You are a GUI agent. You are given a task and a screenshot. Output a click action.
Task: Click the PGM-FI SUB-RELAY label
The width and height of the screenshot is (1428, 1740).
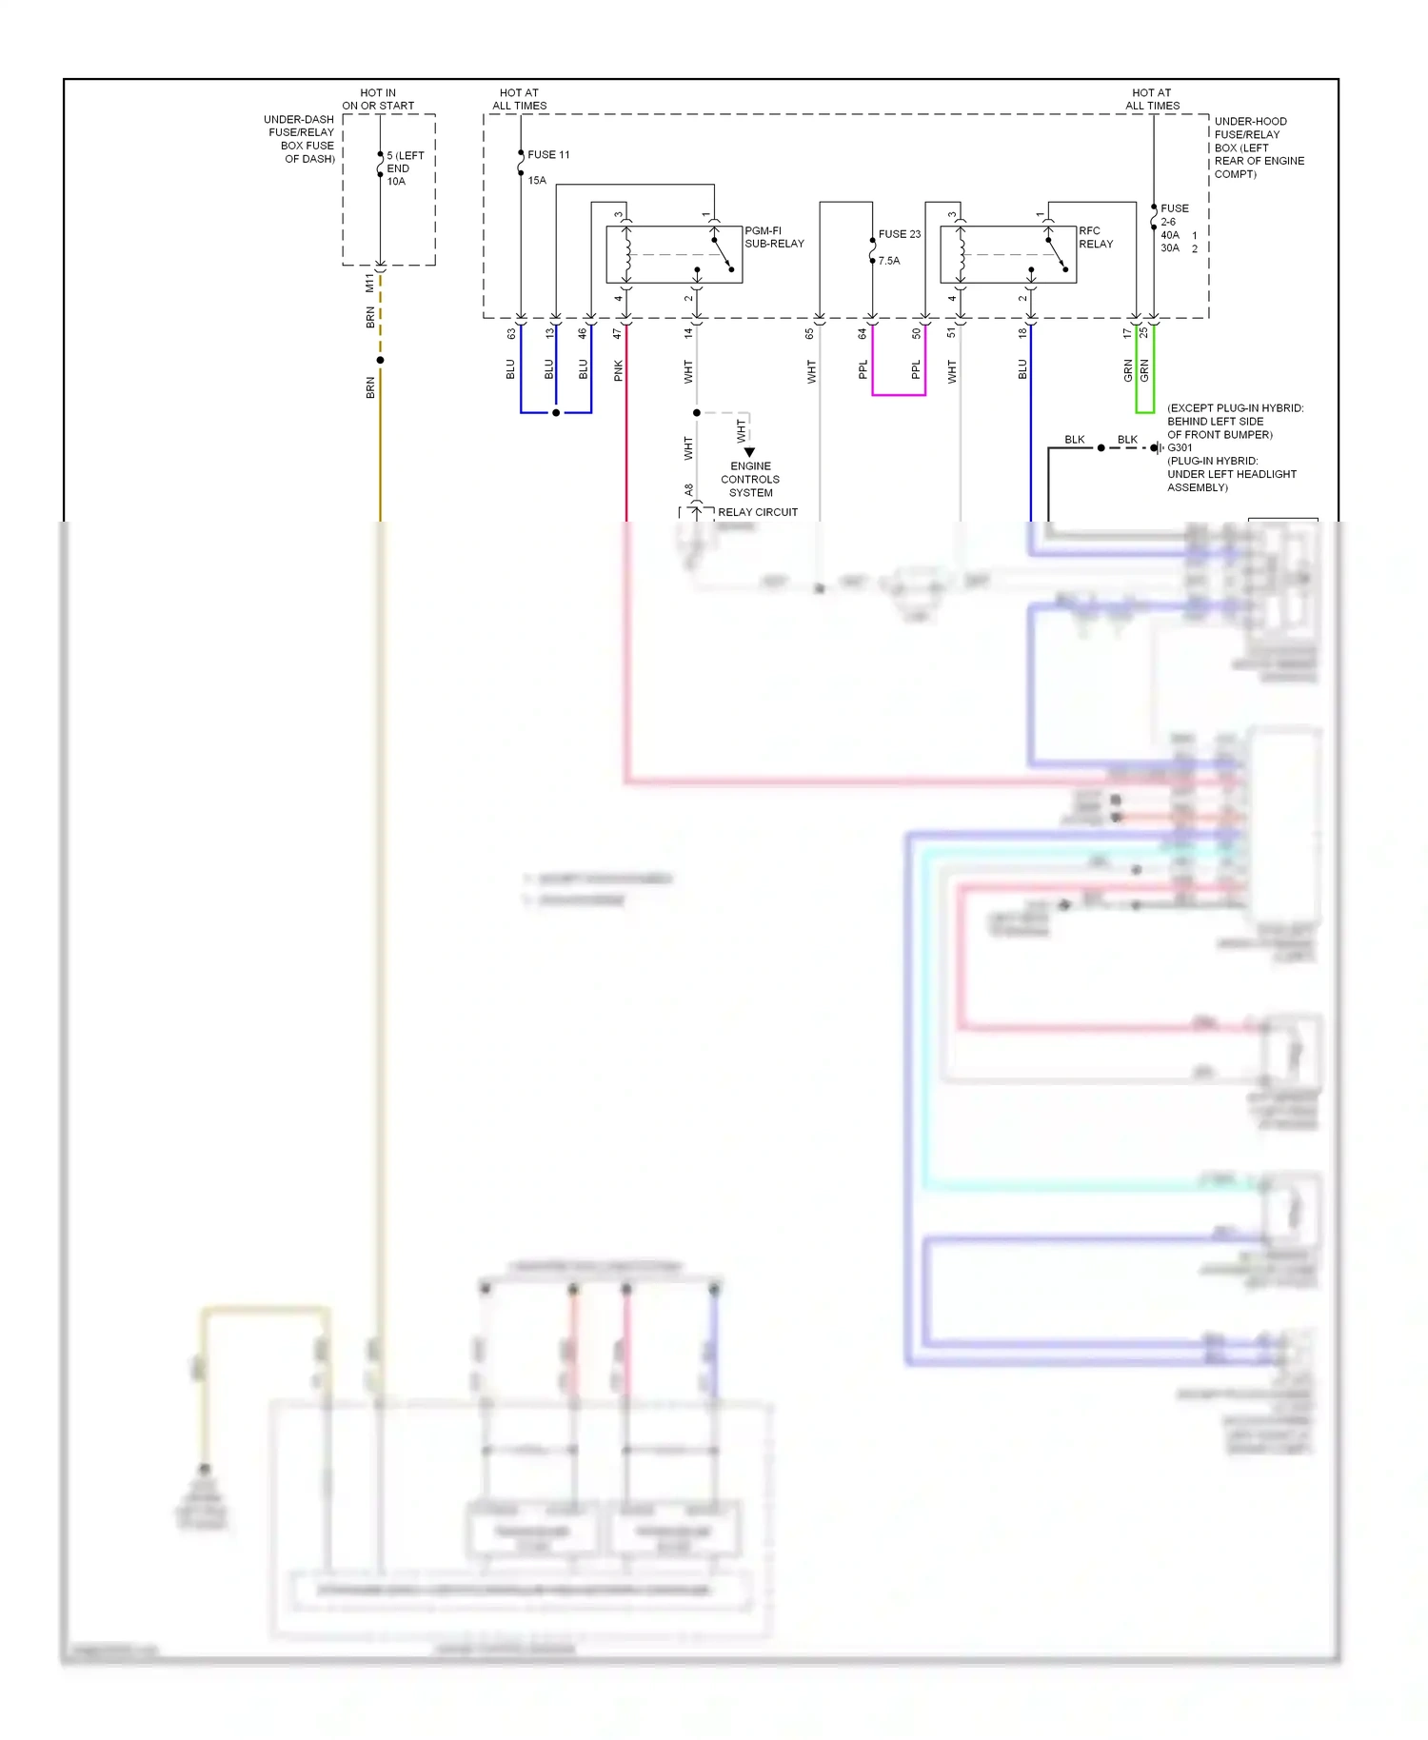tap(774, 237)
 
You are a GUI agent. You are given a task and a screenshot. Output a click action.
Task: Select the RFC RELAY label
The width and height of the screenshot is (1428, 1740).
tap(1096, 237)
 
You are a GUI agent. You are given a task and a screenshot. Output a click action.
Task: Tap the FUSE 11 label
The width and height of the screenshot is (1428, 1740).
tap(548, 154)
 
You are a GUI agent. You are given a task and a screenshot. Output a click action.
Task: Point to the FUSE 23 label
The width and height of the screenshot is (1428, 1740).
tap(900, 233)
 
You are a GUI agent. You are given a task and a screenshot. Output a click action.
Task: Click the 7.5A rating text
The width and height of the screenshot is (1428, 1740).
tap(889, 261)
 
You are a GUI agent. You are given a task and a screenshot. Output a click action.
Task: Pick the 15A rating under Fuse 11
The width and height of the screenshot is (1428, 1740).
tap(537, 180)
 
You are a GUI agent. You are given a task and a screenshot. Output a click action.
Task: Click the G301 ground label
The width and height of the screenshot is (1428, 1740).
tap(1180, 447)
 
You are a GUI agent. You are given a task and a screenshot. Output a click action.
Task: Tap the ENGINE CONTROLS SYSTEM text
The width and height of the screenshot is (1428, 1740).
tap(750, 479)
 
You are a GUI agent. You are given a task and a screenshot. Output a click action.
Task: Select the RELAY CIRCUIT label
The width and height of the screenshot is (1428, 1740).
tap(758, 512)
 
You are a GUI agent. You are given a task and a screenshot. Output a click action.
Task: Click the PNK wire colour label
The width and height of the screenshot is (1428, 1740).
tap(619, 370)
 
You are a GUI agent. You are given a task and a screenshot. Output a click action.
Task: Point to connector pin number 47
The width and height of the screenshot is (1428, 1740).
tap(618, 334)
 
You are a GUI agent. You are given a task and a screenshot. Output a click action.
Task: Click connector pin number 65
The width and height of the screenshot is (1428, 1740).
tap(810, 334)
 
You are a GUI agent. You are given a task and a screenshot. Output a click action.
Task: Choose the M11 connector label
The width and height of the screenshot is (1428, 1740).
tap(369, 283)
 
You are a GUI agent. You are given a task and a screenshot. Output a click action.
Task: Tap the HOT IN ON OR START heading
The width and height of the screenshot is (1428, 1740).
tap(378, 99)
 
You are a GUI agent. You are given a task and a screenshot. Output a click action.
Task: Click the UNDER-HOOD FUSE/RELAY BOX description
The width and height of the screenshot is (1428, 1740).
tap(1259, 148)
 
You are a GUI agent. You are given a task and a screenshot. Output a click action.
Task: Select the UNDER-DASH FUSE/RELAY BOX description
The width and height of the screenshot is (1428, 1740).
tap(300, 139)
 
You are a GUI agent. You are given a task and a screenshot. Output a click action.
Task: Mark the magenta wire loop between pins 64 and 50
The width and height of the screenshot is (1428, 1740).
tap(899, 394)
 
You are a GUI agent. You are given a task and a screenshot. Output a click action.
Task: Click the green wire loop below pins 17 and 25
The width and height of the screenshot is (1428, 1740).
tap(1144, 411)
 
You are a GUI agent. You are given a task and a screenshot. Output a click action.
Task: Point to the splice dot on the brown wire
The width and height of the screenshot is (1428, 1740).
tap(380, 360)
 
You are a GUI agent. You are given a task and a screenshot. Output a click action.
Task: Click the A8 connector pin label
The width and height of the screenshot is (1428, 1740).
tap(689, 490)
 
